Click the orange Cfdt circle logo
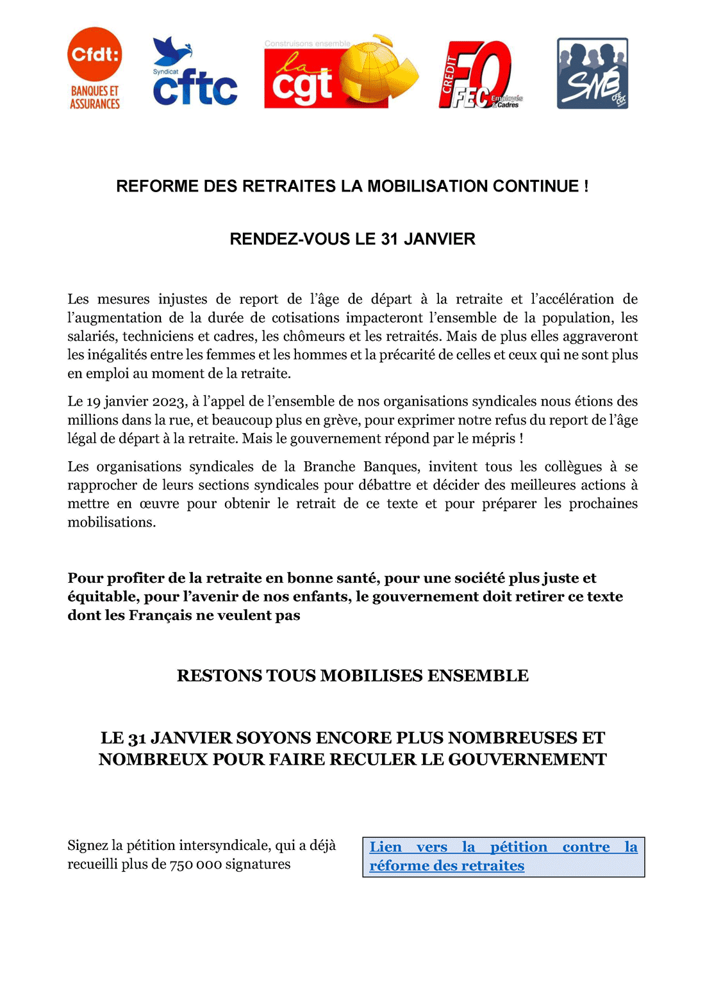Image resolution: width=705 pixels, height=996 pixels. click(x=94, y=54)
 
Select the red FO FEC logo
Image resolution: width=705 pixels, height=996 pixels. click(x=477, y=74)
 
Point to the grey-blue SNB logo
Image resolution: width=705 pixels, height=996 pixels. click(x=592, y=73)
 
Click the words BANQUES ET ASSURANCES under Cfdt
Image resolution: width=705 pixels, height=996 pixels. click(x=95, y=97)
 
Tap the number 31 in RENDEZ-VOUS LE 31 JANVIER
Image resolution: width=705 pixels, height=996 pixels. click(x=390, y=239)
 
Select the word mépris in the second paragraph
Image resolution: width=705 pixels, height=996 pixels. click(x=495, y=439)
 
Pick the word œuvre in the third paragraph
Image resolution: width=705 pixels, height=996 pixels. click(x=158, y=504)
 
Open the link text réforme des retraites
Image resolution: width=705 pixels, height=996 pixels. click(x=447, y=866)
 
